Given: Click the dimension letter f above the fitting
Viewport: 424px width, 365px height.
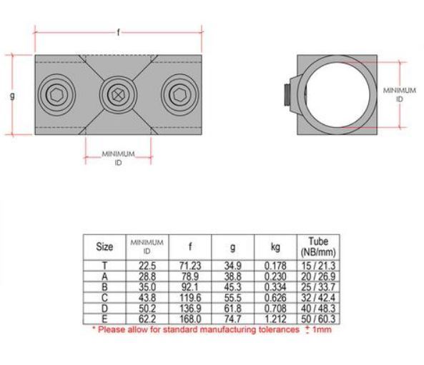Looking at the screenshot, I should click(x=119, y=32).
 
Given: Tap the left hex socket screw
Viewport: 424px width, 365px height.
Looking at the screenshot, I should click(x=56, y=93).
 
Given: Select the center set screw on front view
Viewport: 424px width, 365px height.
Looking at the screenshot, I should click(x=117, y=93).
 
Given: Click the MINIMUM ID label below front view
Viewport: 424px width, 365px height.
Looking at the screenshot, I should click(x=119, y=158).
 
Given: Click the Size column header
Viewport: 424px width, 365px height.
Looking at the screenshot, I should click(x=104, y=246).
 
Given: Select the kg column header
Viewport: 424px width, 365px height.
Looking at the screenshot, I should click(x=276, y=246).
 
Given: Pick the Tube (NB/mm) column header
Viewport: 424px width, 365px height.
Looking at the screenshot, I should click(x=319, y=246).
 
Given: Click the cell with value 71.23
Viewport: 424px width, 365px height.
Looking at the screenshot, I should click(x=189, y=264).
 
